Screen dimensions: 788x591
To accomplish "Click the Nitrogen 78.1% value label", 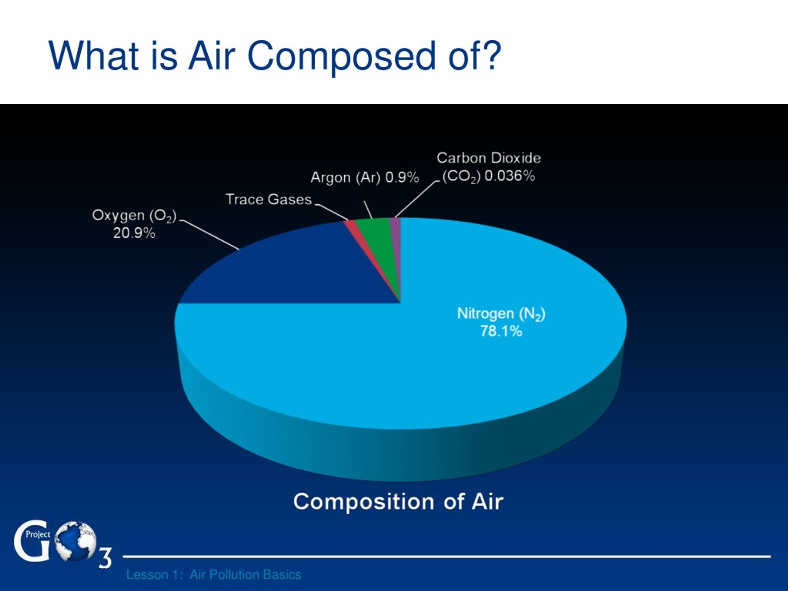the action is (x=501, y=331).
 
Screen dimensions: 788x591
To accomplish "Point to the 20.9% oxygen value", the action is (x=134, y=233).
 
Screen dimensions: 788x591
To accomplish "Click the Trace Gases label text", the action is (x=269, y=199).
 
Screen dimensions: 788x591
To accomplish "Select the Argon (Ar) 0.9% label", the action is (x=365, y=177).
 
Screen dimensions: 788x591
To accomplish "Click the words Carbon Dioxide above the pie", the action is (x=489, y=158).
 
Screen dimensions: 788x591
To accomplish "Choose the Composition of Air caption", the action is (x=398, y=502).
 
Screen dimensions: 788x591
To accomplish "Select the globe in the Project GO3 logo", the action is (x=76, y=541).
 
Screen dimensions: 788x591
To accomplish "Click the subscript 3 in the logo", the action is (x=105, y=557).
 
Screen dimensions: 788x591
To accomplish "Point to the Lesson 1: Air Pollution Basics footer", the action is (x=214, y=575).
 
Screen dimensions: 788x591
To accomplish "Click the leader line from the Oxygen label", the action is (x=210, y=235).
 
